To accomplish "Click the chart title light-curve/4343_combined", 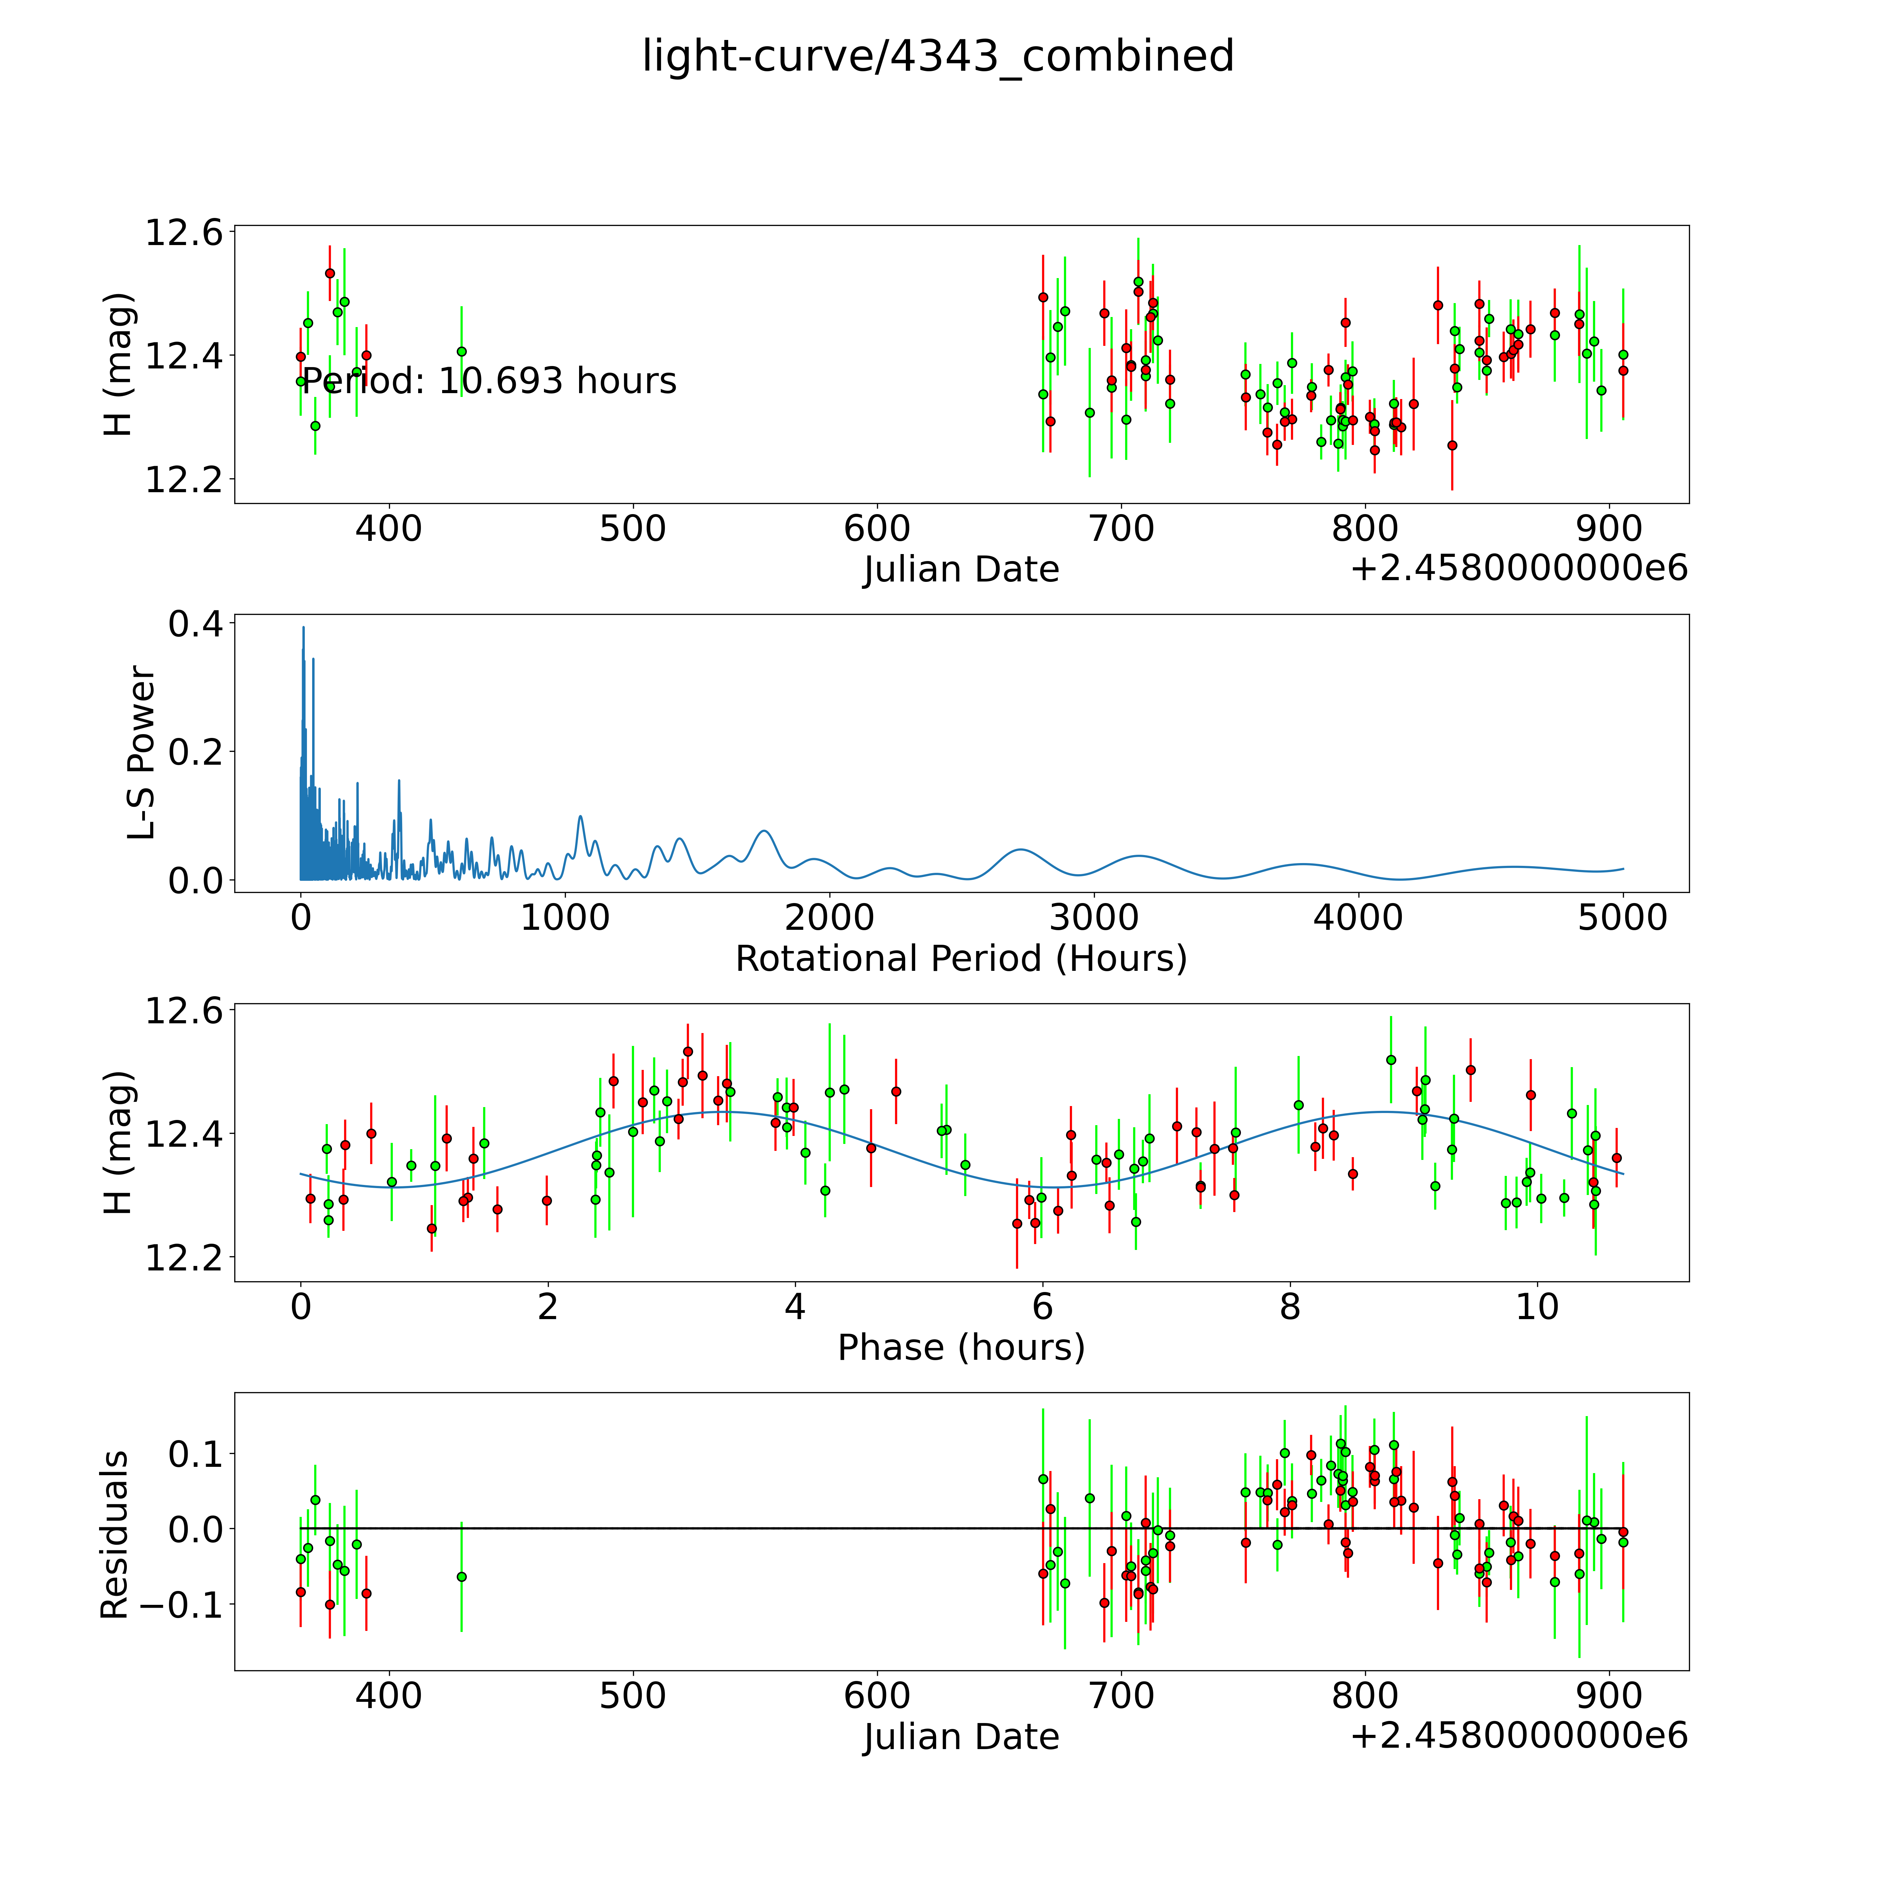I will pyautogui.click(x=937, y=56).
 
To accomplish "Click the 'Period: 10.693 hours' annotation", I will pyautogui.click(x=489, y=381).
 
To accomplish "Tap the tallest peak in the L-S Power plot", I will pyautogui.click(x=303, y=628).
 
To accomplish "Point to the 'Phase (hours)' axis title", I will pyautogui.click(x=961, y=1348).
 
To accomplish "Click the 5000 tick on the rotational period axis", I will pyautogui.click(x=1623, y=917).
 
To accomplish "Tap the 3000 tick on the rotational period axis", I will pyautogui.click(x=1094, y=917).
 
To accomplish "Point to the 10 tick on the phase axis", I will pyautogui.click(x=1537, y=1307).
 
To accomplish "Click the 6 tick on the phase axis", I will pyautogui.click(x=1042, y=1307).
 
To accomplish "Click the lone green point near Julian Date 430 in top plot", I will pyautogui.click(x=462, y=352).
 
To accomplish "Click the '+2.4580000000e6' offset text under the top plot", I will pyautogui.click(x=1519, y=568).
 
